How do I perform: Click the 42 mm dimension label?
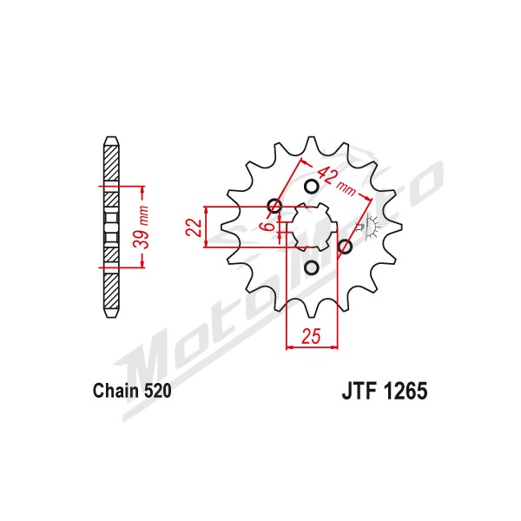tap(336, 181)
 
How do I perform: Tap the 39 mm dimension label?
tap(141, 227)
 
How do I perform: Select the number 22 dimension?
tap(194, 228)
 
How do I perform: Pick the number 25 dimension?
tap(312, 336)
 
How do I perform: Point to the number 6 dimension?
tap(268, 227)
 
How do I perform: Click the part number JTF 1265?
tap(385, 391)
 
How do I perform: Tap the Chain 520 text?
tap(132, 391)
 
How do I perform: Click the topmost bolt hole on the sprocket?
tap(312, 187)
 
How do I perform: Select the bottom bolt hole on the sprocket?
tap(312, 267)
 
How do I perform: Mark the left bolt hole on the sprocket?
tap(274, 206)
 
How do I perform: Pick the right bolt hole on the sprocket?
tap(345, 247)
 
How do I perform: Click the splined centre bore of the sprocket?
tap(312, 227)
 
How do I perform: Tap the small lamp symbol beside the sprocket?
tap(370, 228)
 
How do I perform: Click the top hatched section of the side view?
tap(111, 163)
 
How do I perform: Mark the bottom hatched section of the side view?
tap(111, 291)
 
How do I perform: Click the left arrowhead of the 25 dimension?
tap(290, 347)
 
